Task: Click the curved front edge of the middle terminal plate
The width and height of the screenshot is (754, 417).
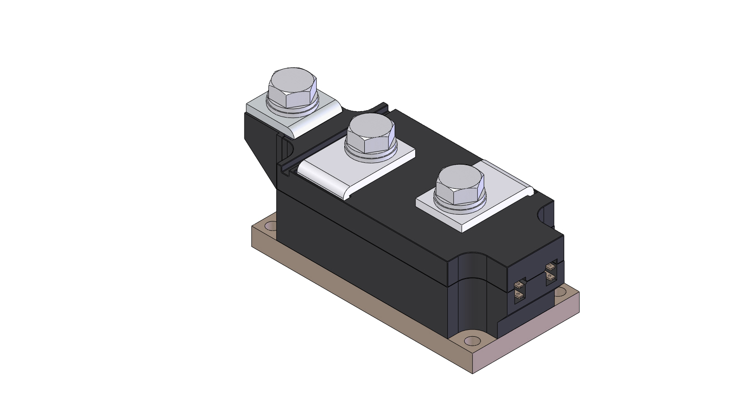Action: [x=322, y=183]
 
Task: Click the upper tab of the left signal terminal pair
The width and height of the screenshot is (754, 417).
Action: [x=519, y=285]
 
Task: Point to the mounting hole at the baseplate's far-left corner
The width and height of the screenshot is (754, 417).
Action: [x=270, y=226]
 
